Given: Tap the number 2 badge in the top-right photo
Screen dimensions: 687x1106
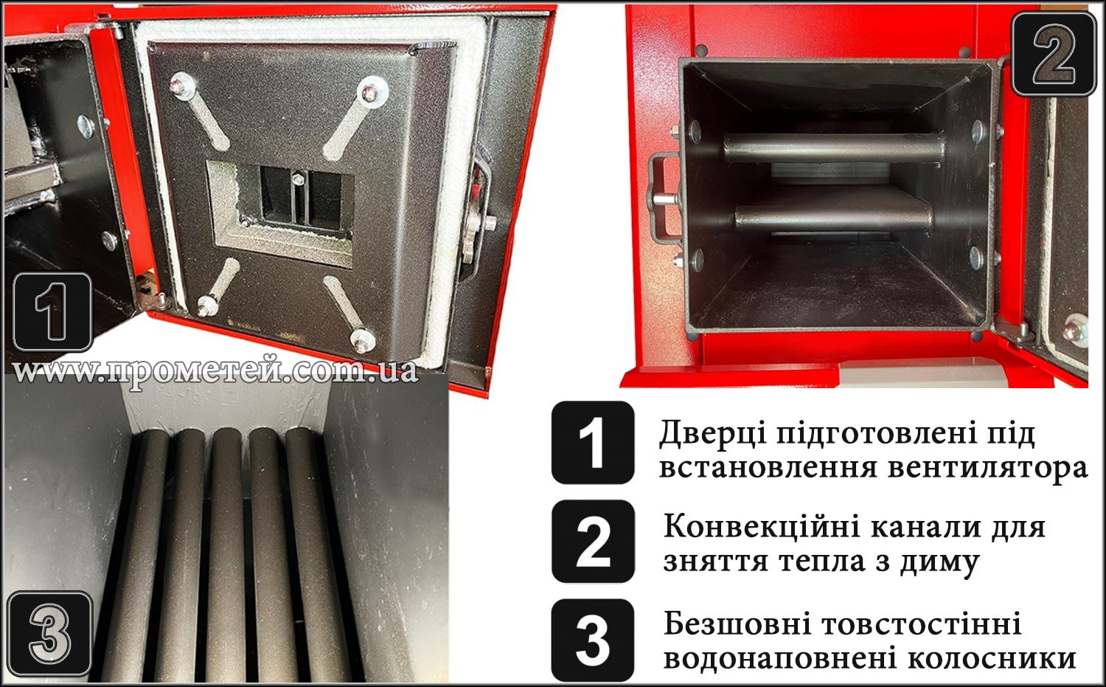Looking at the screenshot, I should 1054,53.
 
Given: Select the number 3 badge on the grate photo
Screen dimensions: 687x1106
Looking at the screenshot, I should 49,634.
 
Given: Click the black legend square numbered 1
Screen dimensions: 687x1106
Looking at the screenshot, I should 593,443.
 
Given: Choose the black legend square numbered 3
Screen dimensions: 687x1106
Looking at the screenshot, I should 593,640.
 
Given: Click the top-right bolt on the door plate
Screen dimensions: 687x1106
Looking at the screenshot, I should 367,92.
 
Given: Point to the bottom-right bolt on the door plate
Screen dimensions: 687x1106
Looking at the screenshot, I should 362,339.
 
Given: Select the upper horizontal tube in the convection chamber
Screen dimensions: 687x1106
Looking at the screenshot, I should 833,147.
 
